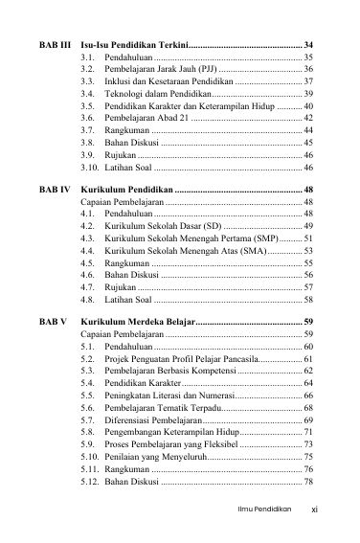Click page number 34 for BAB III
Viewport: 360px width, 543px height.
[306, 45]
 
